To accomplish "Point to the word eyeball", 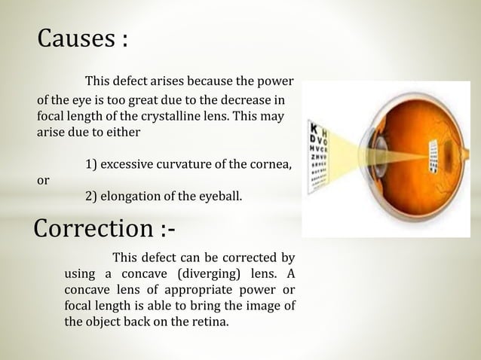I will (219, 198).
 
